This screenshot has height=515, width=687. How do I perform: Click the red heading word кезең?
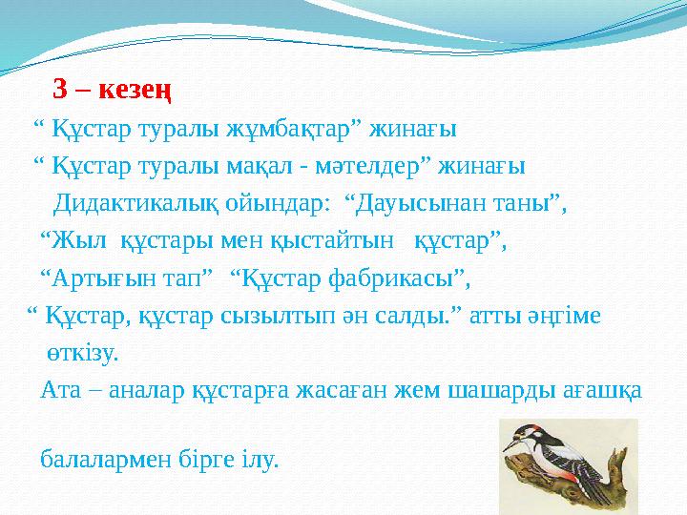(134, 91)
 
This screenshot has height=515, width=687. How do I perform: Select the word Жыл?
(75, 240)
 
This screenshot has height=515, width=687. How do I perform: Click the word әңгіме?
(565, 315)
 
